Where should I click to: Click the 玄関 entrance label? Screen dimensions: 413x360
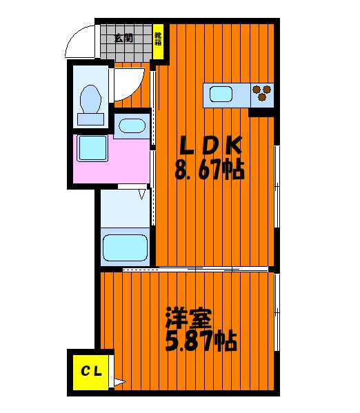124,37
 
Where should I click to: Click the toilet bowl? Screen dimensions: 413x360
90,98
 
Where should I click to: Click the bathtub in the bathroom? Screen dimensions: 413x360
125,247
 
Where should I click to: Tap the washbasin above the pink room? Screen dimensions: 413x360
130,126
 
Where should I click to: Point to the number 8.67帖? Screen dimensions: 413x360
210,170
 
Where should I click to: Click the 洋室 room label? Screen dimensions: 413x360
188,319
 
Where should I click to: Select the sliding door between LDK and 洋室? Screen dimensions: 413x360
197,268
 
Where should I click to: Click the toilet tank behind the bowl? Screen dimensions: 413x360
90,119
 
